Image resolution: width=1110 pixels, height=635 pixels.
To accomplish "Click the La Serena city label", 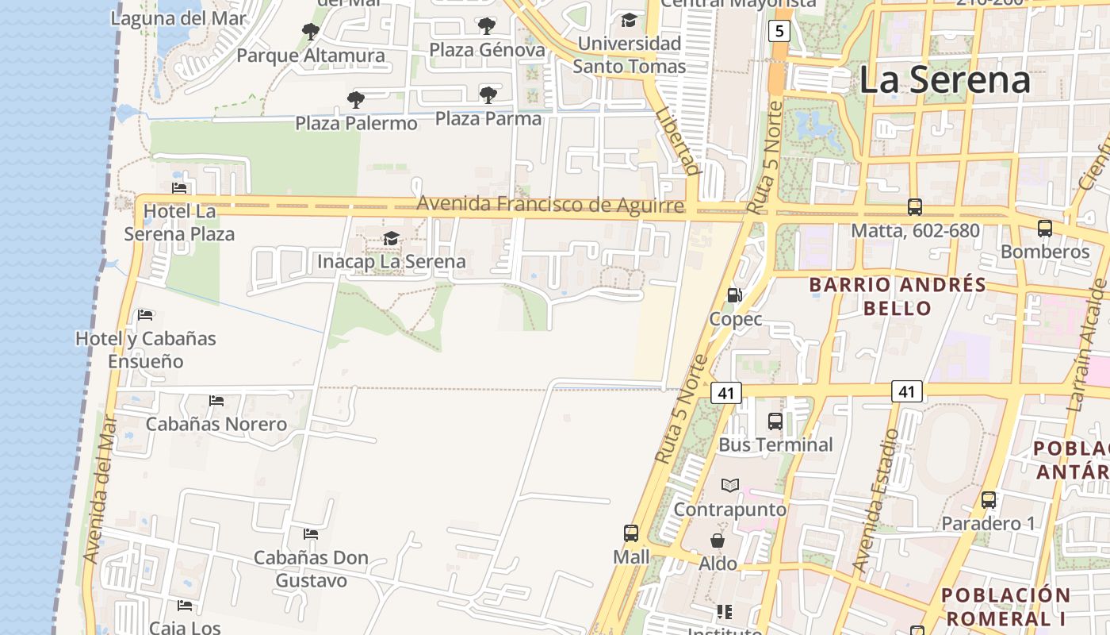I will [x=944, y=80].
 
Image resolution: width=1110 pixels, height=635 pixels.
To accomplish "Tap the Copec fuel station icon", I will [x=735, y=295].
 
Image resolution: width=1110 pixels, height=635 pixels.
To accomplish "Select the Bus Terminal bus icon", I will [x=775, y=421].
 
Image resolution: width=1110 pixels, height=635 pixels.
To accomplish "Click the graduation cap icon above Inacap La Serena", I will [x=391, y=238].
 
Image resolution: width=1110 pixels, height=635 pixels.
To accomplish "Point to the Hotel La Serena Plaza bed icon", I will [x=180, y=188].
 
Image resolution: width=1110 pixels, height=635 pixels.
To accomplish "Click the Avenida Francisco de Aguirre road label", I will [x=549, y=205].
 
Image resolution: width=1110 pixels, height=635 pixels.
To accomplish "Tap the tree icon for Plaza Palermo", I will [x=356, y=100].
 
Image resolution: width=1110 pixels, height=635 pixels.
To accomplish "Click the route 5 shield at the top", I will [x=779, y=31].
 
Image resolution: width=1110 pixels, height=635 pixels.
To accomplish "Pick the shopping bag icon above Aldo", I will [x=718, y=541].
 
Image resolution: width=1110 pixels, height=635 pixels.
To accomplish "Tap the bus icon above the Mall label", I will [x=631, y=533].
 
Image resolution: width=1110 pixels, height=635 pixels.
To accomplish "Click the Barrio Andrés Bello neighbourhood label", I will [x=898, y=296].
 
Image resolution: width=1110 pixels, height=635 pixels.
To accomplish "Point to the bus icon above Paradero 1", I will [x=988, y=500].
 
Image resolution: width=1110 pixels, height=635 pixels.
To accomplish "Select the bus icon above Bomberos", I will [x=1044, y=229].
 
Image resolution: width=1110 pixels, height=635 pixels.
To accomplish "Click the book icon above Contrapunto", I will [x=729, y=485].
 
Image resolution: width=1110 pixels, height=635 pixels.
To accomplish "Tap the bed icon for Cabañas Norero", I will [x=216, y=400].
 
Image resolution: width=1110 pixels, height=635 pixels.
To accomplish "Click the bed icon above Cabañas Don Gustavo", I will [x=311, y=534].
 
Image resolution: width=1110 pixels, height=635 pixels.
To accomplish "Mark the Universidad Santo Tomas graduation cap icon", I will [x=629, y=20].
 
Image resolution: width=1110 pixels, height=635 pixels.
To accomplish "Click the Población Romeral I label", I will [x=1005, y=606].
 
